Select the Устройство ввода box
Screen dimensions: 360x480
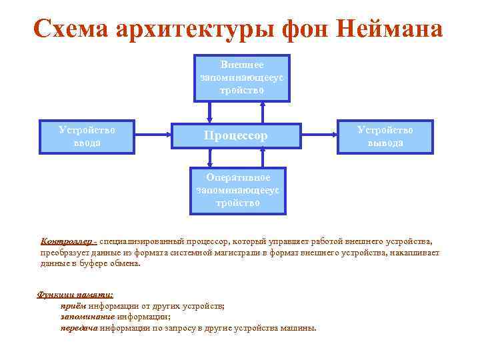point(87,136)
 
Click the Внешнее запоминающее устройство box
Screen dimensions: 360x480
point(241,78)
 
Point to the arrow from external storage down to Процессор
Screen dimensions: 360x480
point(211,111)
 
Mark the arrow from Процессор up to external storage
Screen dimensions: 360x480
point(263,111)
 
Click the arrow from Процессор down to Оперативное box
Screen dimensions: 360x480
point(211,158)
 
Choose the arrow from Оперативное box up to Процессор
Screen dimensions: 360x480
point(263,158)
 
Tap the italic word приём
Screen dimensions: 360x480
point(74,306)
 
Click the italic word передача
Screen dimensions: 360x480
point(79,329)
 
